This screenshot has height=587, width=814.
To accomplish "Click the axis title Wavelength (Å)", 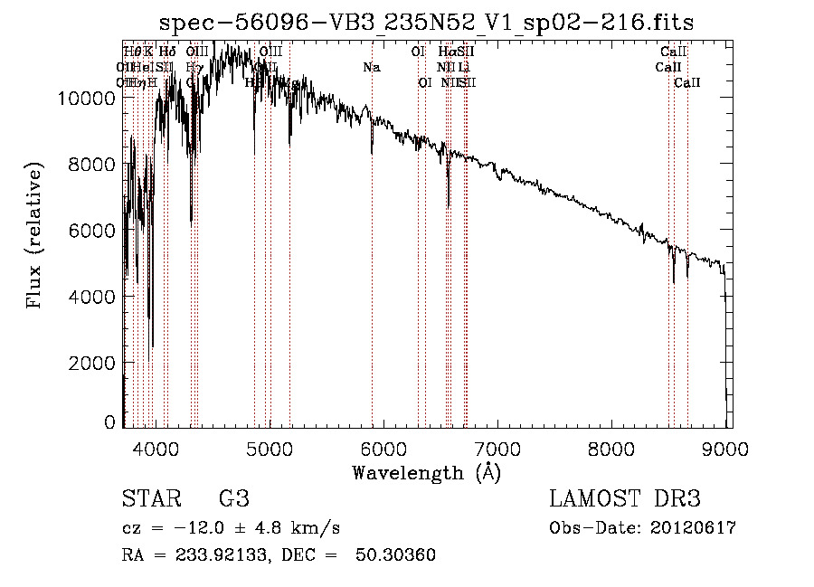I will (426, 472).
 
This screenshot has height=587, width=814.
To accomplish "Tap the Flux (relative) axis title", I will (35, 237).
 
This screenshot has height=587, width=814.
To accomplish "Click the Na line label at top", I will (372, 67).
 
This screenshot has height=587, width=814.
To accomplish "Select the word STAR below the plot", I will (149, 499).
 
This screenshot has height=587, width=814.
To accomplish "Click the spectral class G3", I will (234, 499).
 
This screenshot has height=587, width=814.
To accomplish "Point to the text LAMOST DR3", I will (624, 499).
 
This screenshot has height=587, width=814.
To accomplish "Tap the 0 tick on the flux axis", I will (110, 421).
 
